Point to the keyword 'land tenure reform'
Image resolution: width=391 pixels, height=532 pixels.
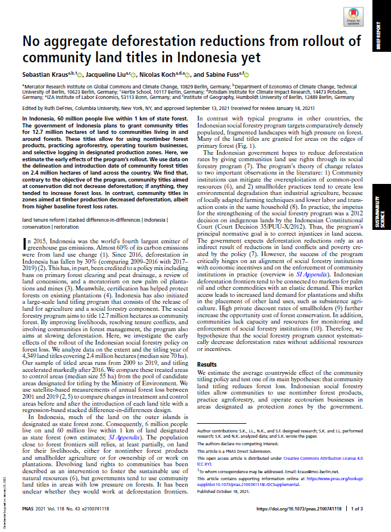41,220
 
